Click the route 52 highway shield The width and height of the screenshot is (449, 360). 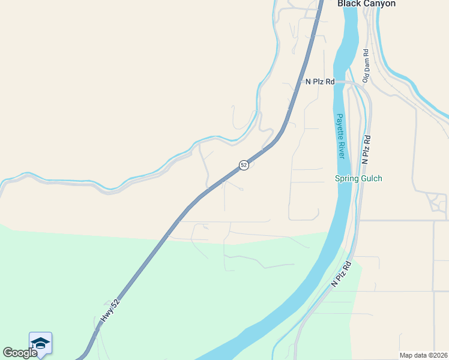click(244, 164)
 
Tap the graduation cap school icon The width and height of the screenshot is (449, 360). click(40, 343)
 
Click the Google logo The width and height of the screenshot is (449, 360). click(20, 353)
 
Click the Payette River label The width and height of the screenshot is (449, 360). click(340, 136)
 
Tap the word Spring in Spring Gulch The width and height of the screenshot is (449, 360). click(346, 179)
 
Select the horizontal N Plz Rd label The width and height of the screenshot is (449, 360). click(319, 82)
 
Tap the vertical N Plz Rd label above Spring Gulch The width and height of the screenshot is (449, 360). click(366, 149)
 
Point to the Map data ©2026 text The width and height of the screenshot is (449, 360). click(423, 355)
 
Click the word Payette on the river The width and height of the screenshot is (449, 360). click(340, 126)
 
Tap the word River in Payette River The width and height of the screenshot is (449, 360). click(341, 149)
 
